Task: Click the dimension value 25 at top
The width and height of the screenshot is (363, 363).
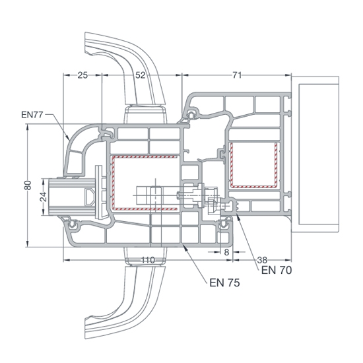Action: point(82,75)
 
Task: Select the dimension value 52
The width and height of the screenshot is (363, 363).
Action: point(141,75)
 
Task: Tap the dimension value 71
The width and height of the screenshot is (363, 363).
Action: point(237,75)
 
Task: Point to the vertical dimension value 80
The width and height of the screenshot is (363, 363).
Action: point(28,185)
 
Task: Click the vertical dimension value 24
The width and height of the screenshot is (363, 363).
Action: point(44,197)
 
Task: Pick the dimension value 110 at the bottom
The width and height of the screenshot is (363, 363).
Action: point(148,260)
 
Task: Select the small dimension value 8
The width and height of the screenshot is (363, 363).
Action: point(226,252)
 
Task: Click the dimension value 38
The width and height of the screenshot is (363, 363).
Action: point(262,260)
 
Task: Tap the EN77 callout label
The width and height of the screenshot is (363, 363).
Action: point(32,115)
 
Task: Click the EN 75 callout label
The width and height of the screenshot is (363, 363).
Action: point(224,282)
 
